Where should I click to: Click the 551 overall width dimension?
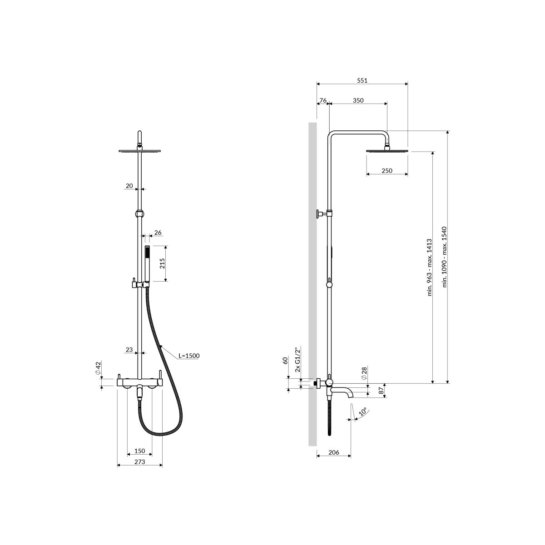coord(362,80)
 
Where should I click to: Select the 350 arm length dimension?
coord(358,100)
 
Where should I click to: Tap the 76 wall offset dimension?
coord(323,100)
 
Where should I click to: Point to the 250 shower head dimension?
coord(387,171)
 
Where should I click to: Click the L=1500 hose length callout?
coord(189,356)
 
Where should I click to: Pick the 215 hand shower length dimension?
coord(162,263)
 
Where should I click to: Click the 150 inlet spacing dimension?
coord(140,451)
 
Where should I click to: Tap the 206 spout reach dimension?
coord(334,452)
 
